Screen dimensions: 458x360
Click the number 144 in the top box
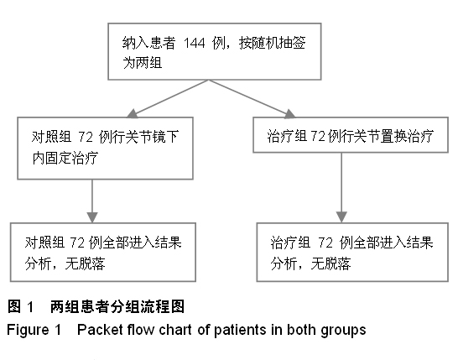coord(195,44)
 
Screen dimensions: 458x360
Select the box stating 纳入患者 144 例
coord(215,51)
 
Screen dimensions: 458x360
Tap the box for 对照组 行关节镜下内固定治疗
coord(105,149)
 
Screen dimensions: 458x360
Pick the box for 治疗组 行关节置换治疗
coord(351,135)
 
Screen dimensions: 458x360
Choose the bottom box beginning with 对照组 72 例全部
coord(103,253)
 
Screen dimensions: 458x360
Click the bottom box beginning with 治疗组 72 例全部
coord(352,253)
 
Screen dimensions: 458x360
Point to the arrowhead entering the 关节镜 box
coord(133,113)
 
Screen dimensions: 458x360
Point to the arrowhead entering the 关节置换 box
coord(289,113)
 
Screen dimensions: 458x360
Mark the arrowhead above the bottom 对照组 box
coord(92,217)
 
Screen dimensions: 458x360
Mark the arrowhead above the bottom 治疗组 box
coord(341,217)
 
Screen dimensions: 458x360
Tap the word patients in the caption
coord(239,330)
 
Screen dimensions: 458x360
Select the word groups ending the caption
coord(343,331)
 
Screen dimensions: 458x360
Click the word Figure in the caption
coord(28,330)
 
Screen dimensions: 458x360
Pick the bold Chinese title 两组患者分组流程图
coord(117,307)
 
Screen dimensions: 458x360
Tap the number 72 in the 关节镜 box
coord(86,138)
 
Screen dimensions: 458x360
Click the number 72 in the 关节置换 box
coord(318,136)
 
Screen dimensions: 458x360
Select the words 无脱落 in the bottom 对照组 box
coord(85,263)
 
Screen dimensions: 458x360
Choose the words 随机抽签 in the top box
coord(278,44)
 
